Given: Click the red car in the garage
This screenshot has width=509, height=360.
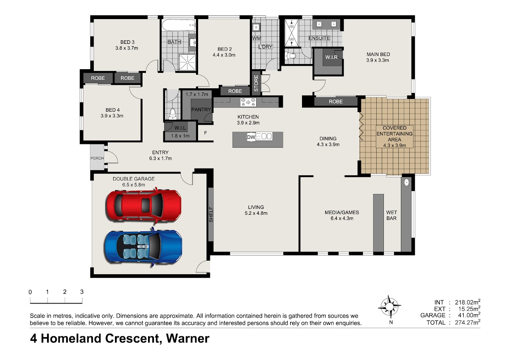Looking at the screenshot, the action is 144,205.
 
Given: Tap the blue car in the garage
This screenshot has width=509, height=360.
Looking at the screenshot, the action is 143,247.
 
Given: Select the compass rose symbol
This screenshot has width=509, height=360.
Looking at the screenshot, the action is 389,307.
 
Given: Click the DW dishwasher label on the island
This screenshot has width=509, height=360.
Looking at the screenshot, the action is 251,137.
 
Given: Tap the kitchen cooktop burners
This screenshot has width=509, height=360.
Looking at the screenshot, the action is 248,102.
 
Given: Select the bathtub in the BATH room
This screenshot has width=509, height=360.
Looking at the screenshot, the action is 179,25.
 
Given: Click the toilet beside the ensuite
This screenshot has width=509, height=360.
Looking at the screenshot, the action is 291,56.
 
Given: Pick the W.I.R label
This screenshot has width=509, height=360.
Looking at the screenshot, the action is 331,57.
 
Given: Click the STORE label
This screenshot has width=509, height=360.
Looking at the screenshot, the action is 256,83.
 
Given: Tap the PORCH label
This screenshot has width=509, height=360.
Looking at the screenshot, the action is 97,158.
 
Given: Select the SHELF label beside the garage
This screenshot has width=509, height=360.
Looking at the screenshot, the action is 211,214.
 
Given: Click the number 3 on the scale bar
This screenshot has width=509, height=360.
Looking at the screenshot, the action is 82,292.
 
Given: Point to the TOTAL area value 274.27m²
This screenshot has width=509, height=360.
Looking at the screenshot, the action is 467,322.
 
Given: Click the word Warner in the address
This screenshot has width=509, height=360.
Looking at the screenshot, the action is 187,338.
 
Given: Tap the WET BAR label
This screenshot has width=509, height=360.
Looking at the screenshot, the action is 392,215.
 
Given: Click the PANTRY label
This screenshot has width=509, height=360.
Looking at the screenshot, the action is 201,110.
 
